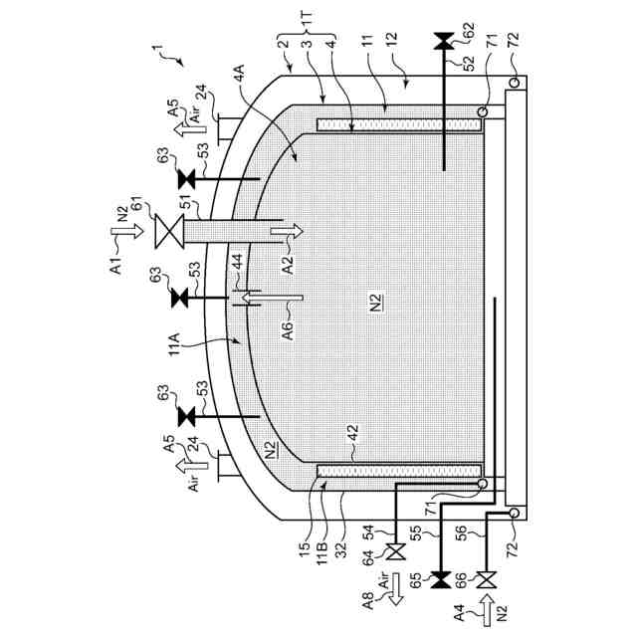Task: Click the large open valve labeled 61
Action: pyautogui.click(x=169, y=231)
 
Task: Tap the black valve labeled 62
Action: pyautogui.click(x=443, y=41)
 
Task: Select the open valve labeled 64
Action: pyautogui.click(x=396, y=551)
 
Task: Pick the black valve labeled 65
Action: pyautogui.click(x=440, y=579)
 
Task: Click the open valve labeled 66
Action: pyautogui.click(x=486, y=579)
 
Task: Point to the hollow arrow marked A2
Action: pyautogui.click(x=288, y=231)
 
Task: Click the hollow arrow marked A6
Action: pyautogui.click(x=273, y=299)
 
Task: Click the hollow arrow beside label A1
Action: pyautogui.click(x=127, y=231)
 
